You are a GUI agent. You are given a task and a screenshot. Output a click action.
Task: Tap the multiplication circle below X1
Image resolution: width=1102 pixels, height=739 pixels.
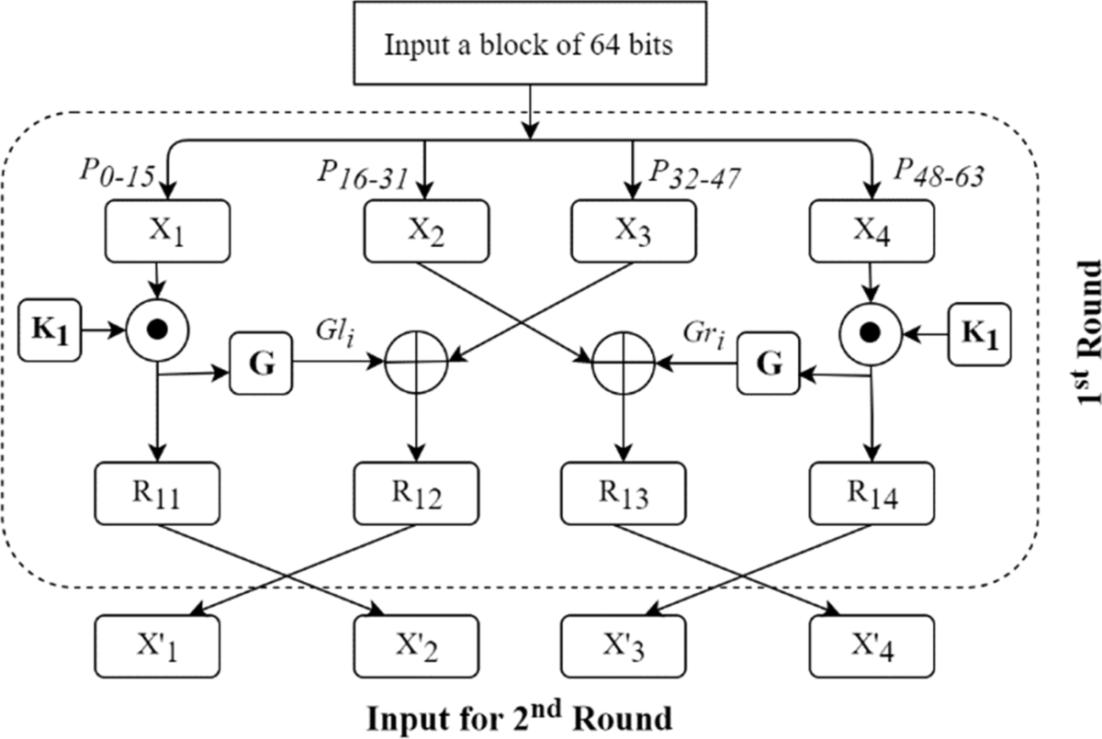(x=158, y=329)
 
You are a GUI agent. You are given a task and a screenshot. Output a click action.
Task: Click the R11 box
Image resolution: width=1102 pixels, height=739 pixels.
(x=158, y=494)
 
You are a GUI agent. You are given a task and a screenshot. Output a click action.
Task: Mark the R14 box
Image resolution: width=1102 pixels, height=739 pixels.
(x=871, y=494)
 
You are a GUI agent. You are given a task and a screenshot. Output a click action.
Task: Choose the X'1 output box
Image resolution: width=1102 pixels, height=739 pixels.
(x=158, y=647)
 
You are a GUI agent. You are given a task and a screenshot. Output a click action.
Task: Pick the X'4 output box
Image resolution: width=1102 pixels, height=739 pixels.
(x=871, y=647)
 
